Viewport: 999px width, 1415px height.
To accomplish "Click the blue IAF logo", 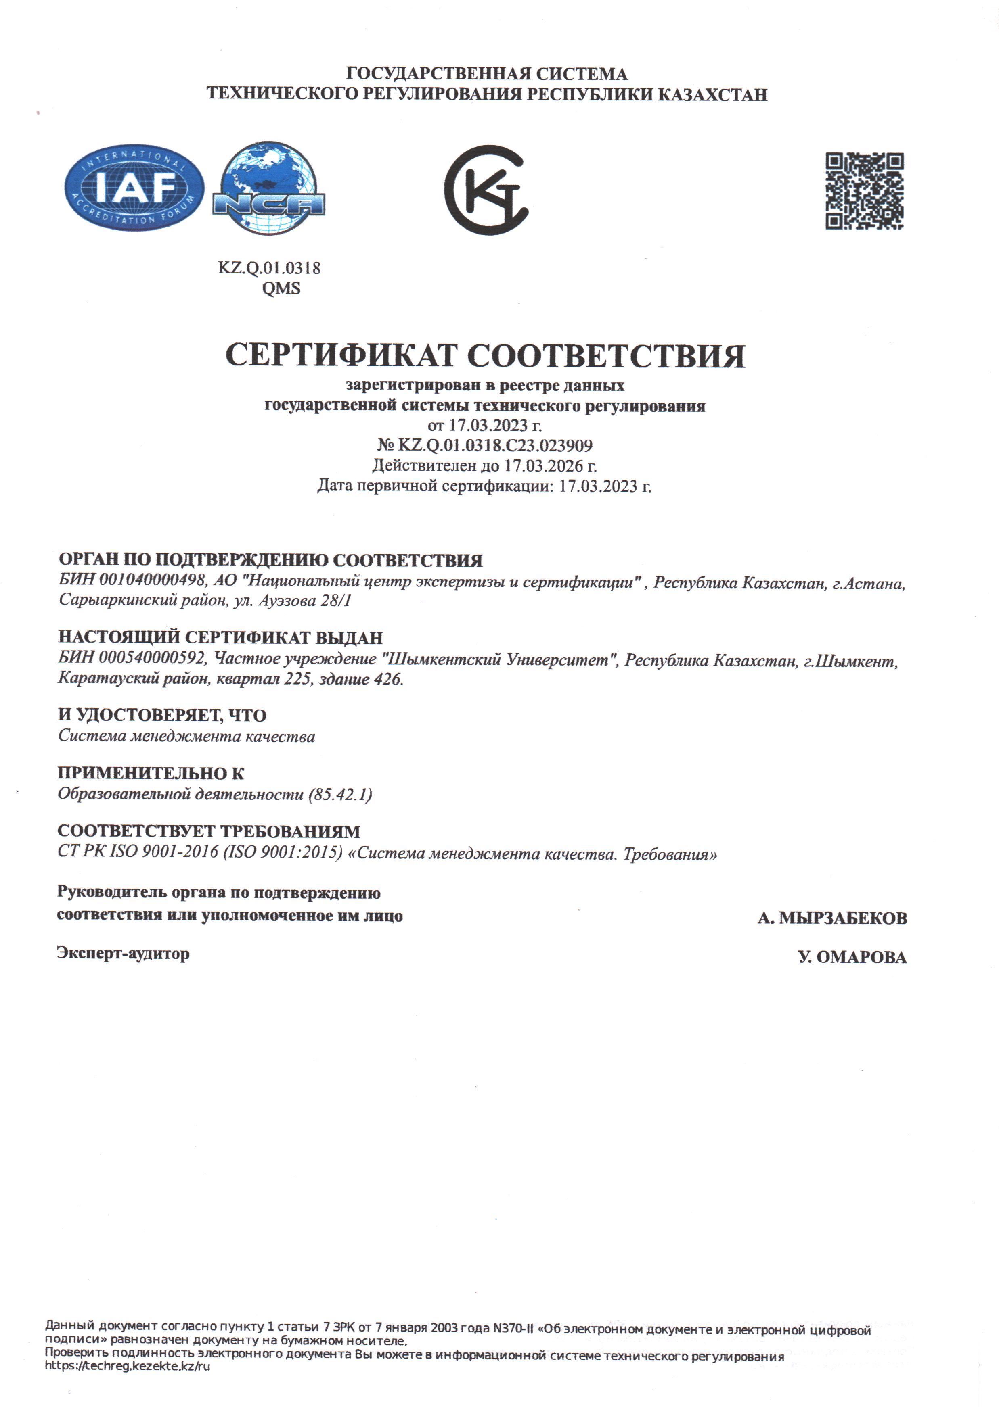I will (134, 189).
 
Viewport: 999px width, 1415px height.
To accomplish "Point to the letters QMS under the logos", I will (281, 288).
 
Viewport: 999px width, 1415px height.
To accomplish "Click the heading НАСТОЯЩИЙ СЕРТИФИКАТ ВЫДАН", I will (220, 637).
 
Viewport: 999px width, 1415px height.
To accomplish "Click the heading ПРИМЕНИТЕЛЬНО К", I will (151, 773).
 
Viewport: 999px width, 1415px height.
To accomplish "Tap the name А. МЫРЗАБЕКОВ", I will (832, 918).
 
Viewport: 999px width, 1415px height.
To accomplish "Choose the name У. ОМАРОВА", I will (852, 957).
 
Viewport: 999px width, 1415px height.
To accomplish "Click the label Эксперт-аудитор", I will (123, 954).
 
